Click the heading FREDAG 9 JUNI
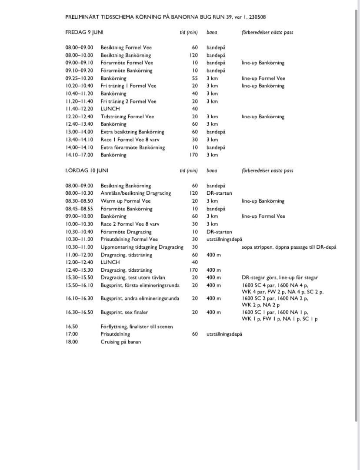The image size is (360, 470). (84, 32)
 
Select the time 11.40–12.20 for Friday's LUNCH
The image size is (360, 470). (79, 109)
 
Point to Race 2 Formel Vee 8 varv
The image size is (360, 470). (130, 224)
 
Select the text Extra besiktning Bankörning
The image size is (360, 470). (132, 132)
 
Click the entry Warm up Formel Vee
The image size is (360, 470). (125, 201)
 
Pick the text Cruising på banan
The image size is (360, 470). (120, 342)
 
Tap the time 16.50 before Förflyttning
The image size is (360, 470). (72, 327)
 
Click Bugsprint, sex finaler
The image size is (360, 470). (124, 312)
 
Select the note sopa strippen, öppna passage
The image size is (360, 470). (289, 247)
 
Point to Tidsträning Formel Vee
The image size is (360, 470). (127, 117)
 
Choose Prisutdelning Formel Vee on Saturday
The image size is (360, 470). (129, 239)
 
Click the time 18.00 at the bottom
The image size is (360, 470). (72, 342)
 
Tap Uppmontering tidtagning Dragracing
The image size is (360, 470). (142, 247)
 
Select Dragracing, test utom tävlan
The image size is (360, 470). (133, 277)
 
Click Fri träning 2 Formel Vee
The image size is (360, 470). (128, 101)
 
